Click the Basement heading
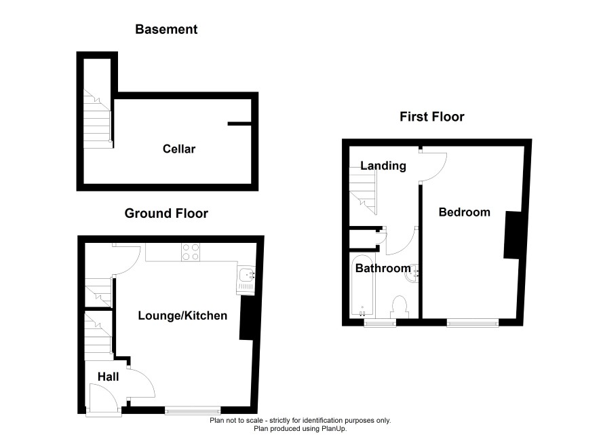tap(166, 29)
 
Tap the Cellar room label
tap(179, 149)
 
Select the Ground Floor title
tap(166, 213)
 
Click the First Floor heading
tap(432, 117)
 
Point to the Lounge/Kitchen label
tap(182, 316)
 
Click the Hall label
tap(108, 377)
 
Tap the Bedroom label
tap(465, 212)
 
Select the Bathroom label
tap(383, 268)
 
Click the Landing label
tap(383, 166)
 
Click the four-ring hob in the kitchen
tap(191, 252)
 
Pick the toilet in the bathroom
tap(400, 307)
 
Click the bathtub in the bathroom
tap(362, 286)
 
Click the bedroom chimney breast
tap(512, 235)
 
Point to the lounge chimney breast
tap(246, 320)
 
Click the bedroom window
tap(473, 323)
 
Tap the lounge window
tap(193, 411)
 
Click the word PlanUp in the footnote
tap(334, 429)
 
